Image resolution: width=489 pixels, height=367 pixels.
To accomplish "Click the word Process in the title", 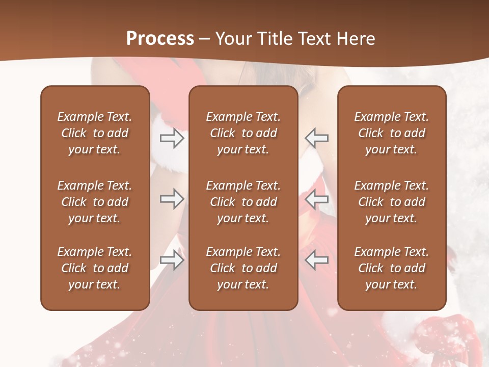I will (x=160, y=39).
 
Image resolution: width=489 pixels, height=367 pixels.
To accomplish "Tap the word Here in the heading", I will (x=355, y=39).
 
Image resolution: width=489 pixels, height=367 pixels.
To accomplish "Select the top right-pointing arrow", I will (x=172, y=138).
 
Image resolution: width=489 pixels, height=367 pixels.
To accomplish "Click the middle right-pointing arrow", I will (x=172, y=199).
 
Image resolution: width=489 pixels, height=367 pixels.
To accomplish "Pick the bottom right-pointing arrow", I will (x=172, y=260).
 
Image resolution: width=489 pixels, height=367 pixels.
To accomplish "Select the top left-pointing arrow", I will (x=316, y=138).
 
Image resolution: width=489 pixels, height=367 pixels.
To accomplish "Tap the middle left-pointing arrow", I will (x=316, y=199).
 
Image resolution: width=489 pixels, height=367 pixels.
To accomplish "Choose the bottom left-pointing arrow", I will (x=316, y=260).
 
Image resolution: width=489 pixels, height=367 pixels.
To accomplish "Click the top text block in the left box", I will (x=95, y=133).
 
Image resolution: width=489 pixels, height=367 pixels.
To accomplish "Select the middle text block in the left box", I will (x=95, y=202).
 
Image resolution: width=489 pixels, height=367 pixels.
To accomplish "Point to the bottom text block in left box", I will (x=95, y=268).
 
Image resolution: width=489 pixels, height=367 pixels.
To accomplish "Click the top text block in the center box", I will (x=243, y=133).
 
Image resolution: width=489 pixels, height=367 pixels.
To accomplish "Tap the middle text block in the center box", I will (x=243, y=202).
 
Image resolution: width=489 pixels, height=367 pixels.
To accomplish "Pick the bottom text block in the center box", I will (x=243, y=268).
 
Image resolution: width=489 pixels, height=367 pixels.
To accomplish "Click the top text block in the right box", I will (x=392, y=133).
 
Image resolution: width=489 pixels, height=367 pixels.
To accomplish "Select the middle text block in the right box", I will (x=392, y=202).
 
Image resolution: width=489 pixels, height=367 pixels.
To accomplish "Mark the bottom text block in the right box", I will (x=392, y=268).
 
